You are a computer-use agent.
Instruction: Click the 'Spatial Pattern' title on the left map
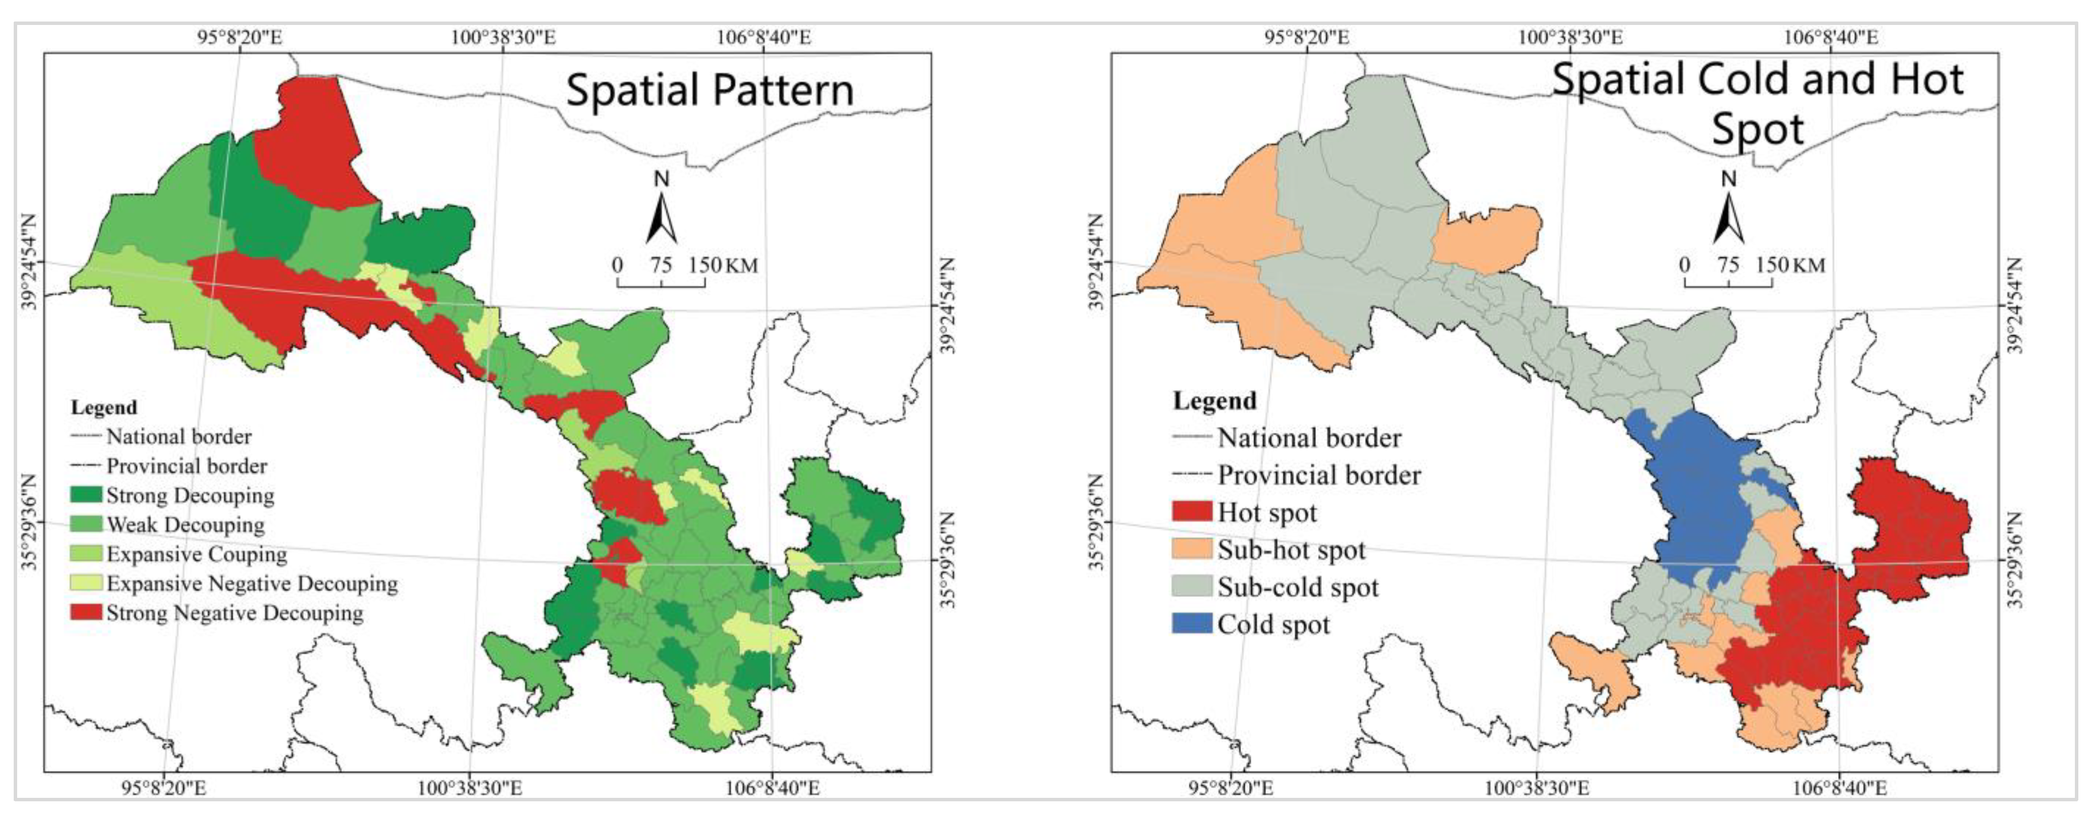pyautogui.click(x=709, y=90)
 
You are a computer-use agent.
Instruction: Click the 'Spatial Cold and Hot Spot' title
pyautogui.click(x=1758, y=103)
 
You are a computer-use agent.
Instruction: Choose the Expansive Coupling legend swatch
pyautogui.click(x=86, y=553)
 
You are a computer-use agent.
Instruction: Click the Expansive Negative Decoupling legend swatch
pyautogui.click(x=86, y=582)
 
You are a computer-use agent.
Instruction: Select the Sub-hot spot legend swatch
pyautogui.click(x=1192, y=549)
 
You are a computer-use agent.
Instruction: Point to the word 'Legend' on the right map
pyautogui.click(x=1214, y=400)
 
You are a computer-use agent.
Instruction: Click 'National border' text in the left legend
pyautogui.click(x=179, y=436)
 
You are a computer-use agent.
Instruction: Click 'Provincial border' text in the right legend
pyautogui.click(x=1318, y=474)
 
